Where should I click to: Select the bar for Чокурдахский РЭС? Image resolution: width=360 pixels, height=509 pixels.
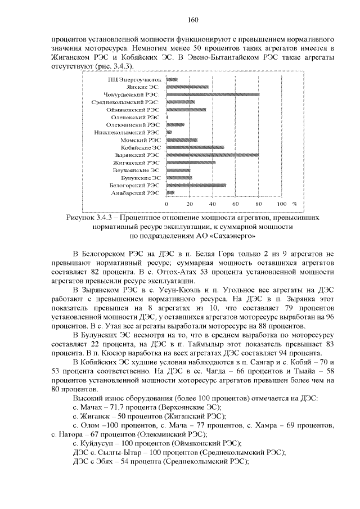(213, 95)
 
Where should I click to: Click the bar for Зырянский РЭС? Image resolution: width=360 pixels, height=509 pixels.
(213, 155)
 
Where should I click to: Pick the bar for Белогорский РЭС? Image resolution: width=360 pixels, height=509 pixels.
(196, 185)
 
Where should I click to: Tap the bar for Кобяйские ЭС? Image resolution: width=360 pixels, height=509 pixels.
(195, 147)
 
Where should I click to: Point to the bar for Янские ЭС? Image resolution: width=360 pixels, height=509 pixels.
(187, 87)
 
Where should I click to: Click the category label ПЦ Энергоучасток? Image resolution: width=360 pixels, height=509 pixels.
(134, 80)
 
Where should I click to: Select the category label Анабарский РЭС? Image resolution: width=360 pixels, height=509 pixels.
(136, 192)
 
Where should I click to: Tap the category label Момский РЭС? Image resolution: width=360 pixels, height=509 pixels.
(140, 140)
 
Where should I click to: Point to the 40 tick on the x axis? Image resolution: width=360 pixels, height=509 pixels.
(213, 204)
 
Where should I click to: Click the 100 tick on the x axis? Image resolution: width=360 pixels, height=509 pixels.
(282, 204)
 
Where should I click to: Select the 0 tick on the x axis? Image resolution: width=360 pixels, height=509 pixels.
(166, 204)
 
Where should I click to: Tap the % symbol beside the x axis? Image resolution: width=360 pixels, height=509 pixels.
(295, 204)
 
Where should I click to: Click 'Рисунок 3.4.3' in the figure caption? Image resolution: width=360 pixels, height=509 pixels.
(91, 216)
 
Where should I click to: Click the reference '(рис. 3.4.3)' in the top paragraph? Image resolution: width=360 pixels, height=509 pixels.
(112, 66)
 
